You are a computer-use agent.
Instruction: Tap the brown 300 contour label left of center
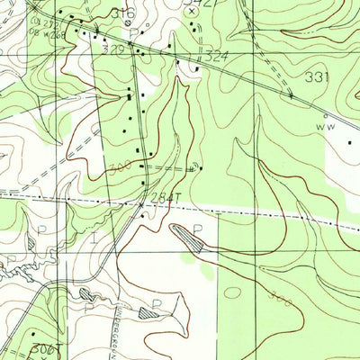(x=120, y=167)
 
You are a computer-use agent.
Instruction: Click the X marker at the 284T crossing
(x=140, y=204)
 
